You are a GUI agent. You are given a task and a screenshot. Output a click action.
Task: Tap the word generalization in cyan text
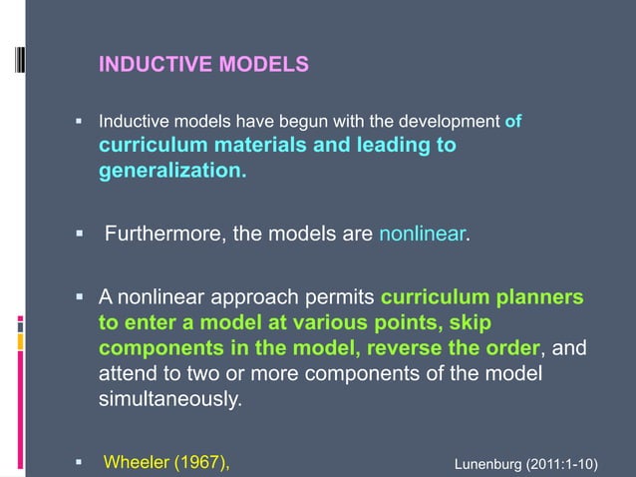point(170,171)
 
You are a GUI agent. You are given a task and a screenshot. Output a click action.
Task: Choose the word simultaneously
point(169,400)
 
